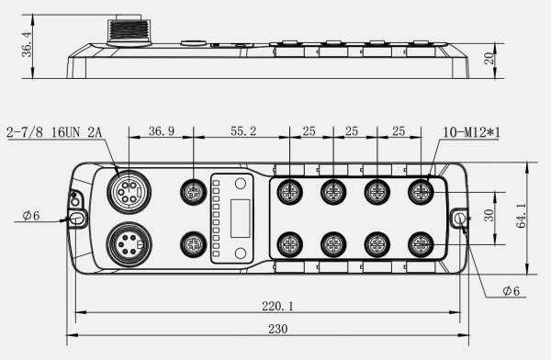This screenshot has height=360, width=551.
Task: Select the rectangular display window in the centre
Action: tap(241, 219)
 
